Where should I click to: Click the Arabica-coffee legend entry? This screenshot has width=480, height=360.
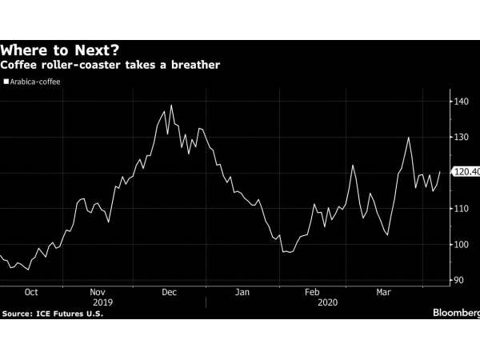tap(33, 81)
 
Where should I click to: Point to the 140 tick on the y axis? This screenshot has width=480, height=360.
tap(461, 102)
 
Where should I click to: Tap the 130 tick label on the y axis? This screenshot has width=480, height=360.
tap(461, 138)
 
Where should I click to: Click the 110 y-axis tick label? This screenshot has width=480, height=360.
tap(461, 209)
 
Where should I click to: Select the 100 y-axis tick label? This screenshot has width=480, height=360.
tap(461, 245)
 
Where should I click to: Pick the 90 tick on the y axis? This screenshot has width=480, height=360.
tap(458, 280)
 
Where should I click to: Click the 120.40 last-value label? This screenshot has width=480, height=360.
tap(466, 172)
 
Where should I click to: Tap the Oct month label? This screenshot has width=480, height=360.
tap(31, 293)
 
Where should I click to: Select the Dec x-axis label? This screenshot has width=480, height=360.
tap(169, 293)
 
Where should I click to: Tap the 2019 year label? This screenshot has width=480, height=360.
tap(103, 303)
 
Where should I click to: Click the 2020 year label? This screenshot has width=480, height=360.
tap(326, 303)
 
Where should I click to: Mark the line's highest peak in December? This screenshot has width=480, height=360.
tap(171, 105)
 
